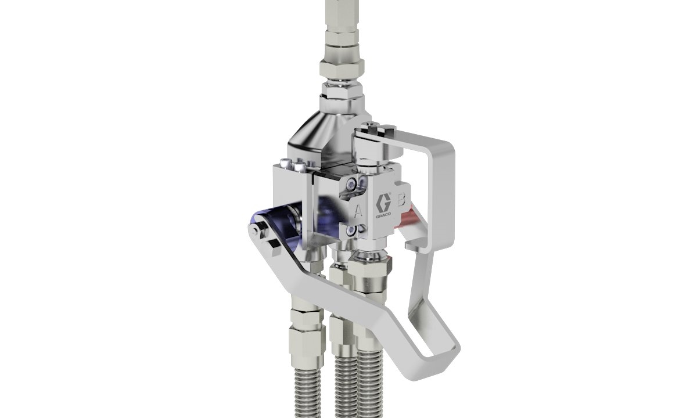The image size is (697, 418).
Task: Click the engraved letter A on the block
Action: point(358,209)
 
